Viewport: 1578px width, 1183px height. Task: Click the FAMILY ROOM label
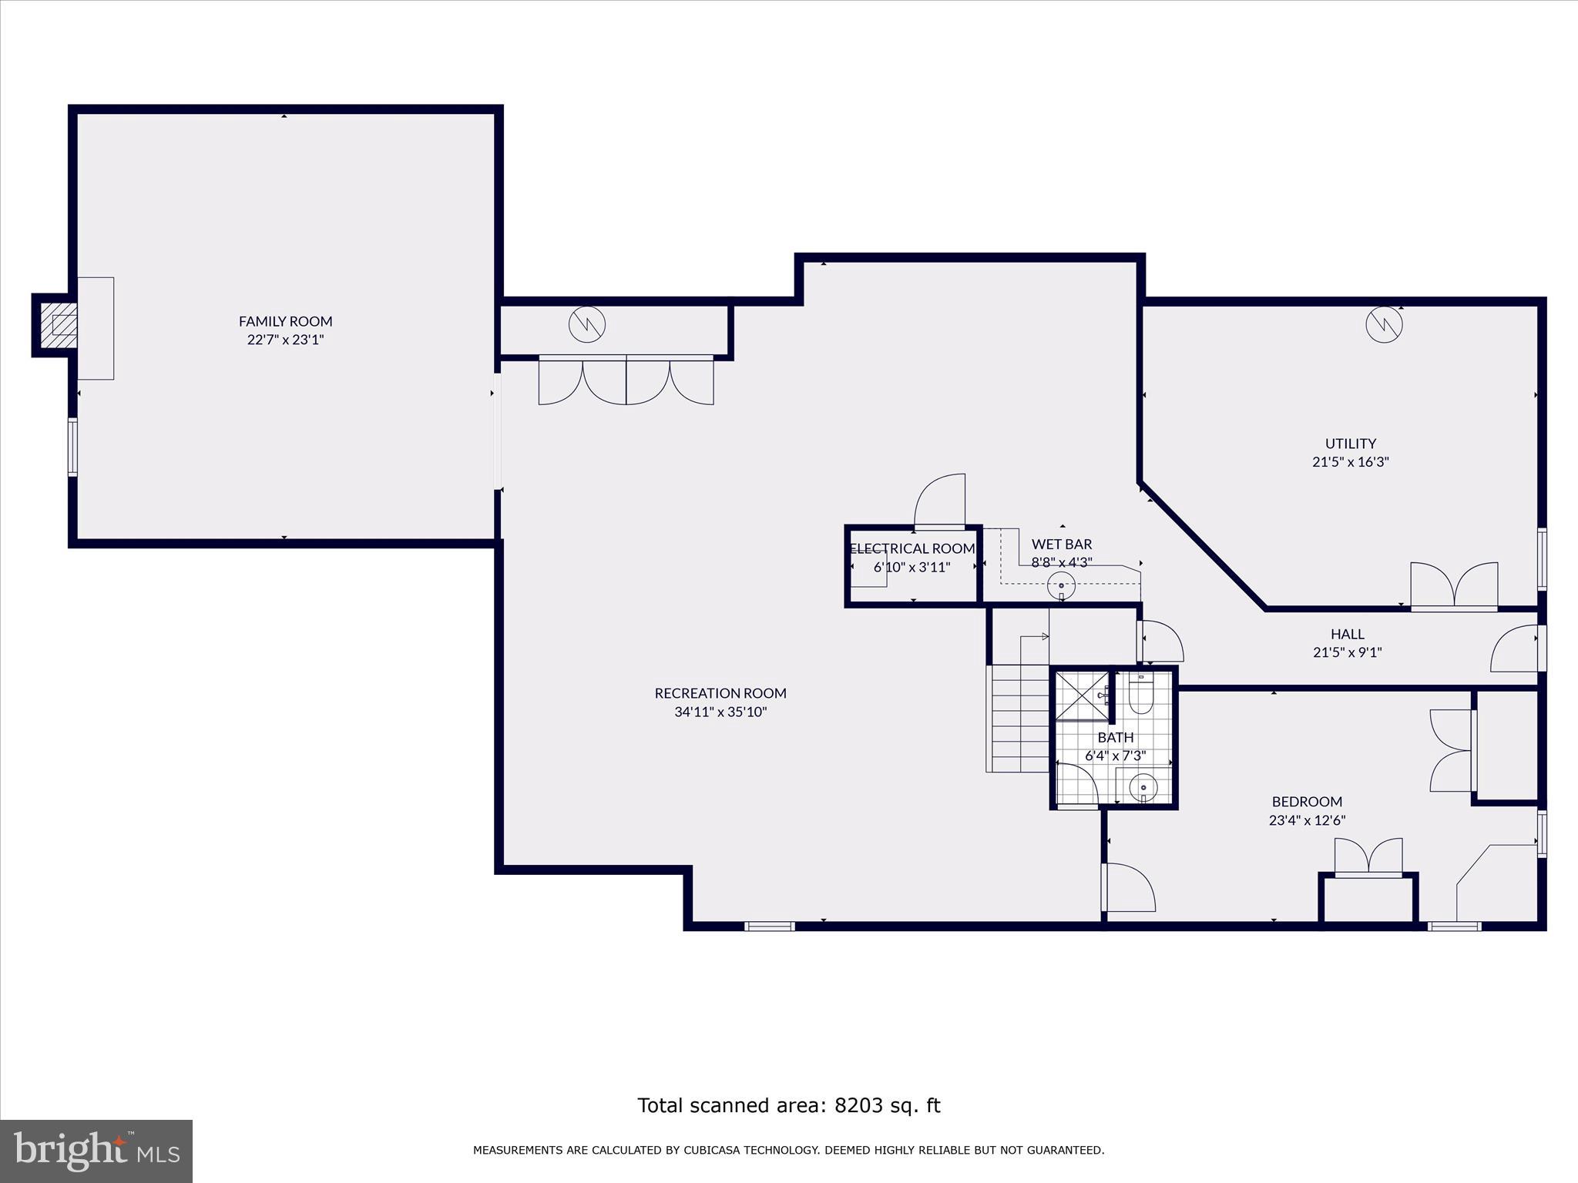(285, 321)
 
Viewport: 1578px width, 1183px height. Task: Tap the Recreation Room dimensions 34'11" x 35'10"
(720, 712)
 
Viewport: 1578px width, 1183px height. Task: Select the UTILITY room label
(1350, 444)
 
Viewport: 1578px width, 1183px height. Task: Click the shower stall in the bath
(1081, 696)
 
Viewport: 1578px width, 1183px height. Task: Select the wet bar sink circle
(1061, 586)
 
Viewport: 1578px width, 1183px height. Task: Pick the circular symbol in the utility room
(1384, 325)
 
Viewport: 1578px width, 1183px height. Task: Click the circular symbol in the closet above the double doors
(587, 325)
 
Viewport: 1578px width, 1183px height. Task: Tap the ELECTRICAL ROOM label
(912, 548)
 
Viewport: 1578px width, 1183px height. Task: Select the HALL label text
(1347, 634)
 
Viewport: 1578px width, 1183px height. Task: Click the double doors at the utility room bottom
(1454, 587)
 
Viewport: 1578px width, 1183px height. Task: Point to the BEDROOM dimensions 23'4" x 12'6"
(1307, 820)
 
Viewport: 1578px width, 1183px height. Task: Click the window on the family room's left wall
(73, 447)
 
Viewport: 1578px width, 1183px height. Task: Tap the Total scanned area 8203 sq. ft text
(788, 1105)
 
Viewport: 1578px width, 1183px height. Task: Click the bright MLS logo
(96, 1151)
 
